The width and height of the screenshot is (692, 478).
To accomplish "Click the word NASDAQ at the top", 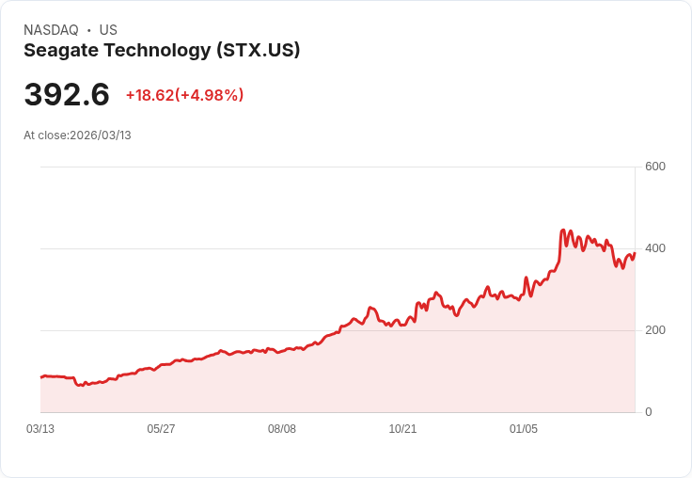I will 51,30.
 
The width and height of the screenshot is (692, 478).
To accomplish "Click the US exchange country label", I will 108,30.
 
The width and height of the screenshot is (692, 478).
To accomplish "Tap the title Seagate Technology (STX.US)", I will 162,51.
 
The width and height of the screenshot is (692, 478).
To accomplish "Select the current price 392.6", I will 67,95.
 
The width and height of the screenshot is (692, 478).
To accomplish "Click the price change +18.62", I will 149,95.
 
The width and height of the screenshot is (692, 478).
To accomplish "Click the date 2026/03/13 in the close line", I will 101,135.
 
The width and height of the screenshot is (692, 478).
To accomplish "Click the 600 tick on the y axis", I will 654,167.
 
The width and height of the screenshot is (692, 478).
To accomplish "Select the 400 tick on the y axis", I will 654,248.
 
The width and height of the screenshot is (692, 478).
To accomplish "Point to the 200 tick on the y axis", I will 654,330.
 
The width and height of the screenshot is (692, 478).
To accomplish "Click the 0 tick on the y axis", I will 649,412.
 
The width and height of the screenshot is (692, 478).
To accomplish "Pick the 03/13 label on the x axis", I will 40,429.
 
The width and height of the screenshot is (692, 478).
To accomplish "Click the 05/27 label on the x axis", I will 161,429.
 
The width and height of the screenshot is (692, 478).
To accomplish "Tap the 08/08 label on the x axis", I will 282,429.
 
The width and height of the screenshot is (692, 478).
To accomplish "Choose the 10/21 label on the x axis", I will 402,429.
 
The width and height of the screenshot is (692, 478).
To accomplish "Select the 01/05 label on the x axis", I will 524,429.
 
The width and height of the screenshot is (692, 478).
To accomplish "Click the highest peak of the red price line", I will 562,230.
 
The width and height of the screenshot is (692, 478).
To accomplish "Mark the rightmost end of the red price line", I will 635,252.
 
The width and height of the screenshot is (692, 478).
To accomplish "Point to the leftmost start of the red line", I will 40,376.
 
